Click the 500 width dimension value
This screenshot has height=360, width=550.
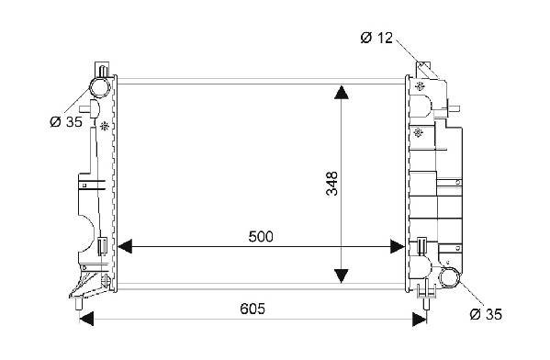click(260, 237)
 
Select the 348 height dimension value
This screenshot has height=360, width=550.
click(331, 183)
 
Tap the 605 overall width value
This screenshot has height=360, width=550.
click(253, 309)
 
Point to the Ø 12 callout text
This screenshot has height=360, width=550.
click(376, 38)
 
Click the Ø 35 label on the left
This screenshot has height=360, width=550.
click(66, 122)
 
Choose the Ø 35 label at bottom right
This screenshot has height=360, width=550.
click(486, 314)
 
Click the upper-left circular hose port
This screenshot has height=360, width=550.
click(100, 87)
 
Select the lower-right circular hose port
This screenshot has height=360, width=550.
click(449, 276)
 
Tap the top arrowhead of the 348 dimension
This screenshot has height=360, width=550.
click(342, 92)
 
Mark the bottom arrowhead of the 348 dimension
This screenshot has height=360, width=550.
click(342, 276)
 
